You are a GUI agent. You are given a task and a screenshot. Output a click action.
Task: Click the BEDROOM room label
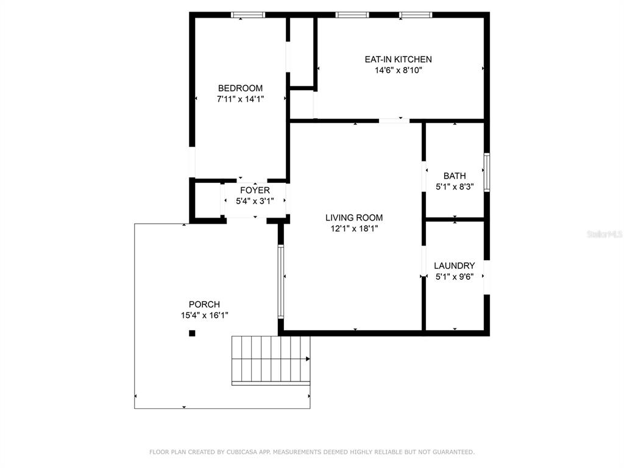pyautogui.click(x=240, y=88)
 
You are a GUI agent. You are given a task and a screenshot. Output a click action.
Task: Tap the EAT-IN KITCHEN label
pyautogui.click(x=399, y=59)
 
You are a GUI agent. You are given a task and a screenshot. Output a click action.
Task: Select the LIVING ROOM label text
pyautogui.click(x=354, y=218)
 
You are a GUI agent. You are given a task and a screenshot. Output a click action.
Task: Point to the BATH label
pyautogui.click(x=455, y=175)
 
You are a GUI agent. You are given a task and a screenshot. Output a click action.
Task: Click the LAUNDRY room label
pyautogui.click(x=455, y=266)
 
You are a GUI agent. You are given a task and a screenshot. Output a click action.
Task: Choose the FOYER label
pyautogui.click(x=255, y=190)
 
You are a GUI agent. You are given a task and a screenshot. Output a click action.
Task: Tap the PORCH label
pyautogui.click(x=205, y=305)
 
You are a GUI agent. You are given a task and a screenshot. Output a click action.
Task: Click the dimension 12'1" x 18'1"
pyautogui.click(x=354, y=229)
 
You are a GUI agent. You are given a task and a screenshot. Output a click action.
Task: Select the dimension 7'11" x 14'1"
pyautogui.click(x=240, y=99)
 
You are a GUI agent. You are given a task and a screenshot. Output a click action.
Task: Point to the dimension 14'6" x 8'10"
pyautogui.click(x=399, y=71)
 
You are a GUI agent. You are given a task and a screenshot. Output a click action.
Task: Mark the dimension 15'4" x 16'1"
pyautogui.click(x=205, y=316)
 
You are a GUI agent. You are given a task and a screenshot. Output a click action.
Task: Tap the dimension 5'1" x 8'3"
pyautogui.click(x=455, y=186)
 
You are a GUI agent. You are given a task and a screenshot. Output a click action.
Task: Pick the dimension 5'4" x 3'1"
pyautogui.click(x=255, y=201)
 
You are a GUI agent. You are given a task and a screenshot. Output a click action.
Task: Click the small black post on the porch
pyautogui.click(x=192, y=333)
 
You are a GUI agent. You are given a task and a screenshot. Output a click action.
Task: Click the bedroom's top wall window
pyautogui.click(x=248, y=15)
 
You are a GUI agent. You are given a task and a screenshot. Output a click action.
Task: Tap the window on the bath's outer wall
pyautogui.click(x=487, y=172)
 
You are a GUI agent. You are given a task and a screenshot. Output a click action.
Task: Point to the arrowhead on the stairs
pyautogui.click(x=308, y=359)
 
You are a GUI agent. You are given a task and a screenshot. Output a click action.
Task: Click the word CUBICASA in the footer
pyautogui.click(x=243, y=452)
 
